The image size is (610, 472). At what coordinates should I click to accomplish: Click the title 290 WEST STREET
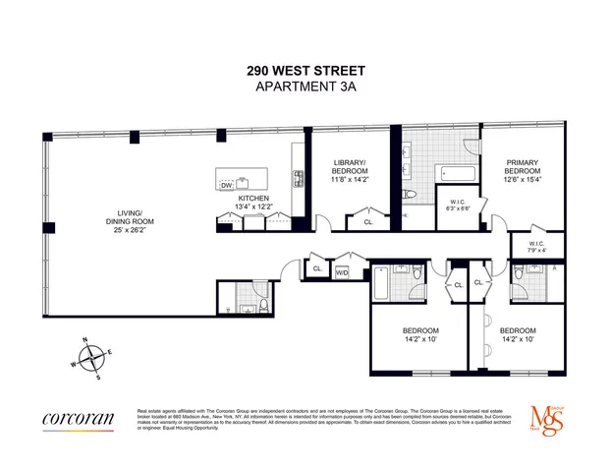coord(305,71)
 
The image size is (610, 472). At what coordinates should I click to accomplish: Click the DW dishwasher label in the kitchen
coord(226,185)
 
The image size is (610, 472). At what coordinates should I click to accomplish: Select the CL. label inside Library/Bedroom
coord(368,222)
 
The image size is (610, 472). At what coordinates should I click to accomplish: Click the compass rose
coord(89,357)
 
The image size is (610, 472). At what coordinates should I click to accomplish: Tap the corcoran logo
coord(79,419)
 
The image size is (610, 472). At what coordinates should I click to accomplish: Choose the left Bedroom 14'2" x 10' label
coord(420,335)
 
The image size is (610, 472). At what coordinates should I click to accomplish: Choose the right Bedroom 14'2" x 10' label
coord(517,335)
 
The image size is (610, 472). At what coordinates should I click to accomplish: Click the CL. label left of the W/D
coord(317,268)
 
